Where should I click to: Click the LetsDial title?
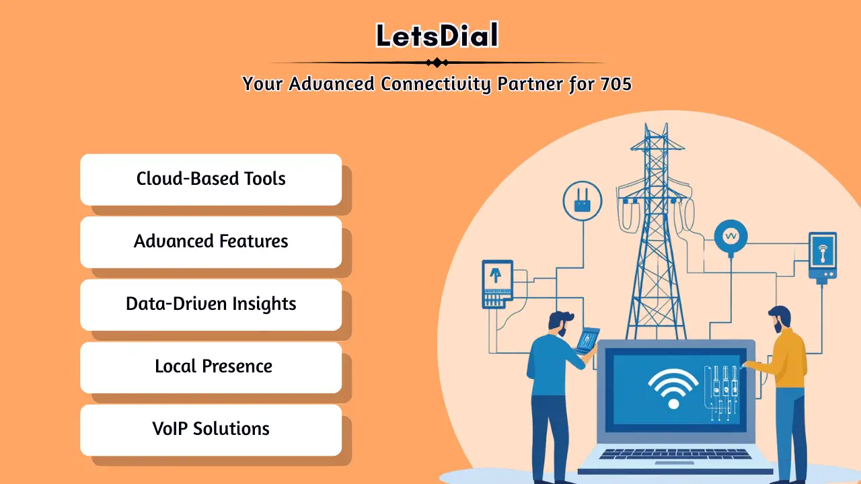pyautogui.click(x=437, y=36)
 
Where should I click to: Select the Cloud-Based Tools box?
pyautogui.click(x=211, y=179)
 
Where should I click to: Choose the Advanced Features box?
pyautogui.click(x=211, y=241)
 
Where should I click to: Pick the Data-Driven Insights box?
pyautogui.click(x=211, y=304)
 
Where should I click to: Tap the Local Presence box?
pyautogui.click(x=211, y=366)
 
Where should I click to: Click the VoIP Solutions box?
pyautogui.click(x=211, y=429)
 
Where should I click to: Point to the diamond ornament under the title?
pyautogui.click(x=437, y=63)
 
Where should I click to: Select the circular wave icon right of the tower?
pyautogui.click(x=731, y=236)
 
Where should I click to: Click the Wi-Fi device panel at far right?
pyautogui.click(x=822, y=255)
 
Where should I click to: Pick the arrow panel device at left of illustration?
pyautogui.click(x=497, y=282)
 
